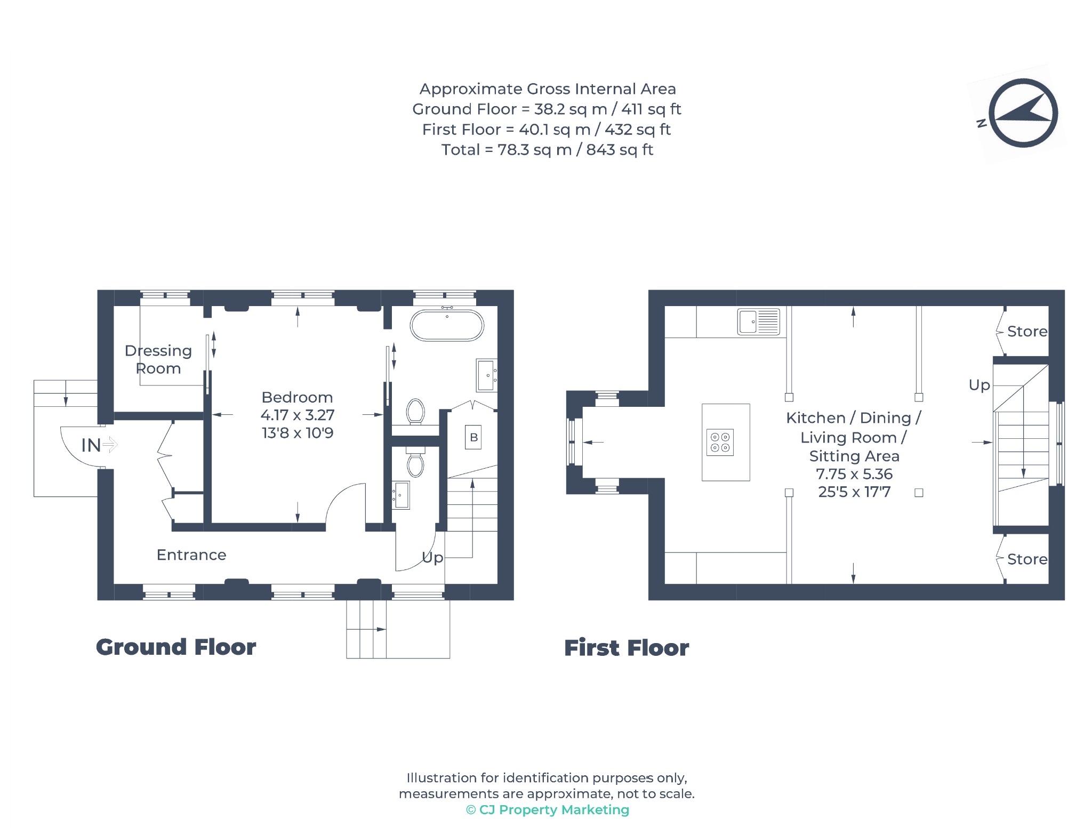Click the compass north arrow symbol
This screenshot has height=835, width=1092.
click(1023, 113)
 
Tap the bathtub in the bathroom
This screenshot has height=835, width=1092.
click(447, 325)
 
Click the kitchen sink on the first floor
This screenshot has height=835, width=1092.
click(758, 322)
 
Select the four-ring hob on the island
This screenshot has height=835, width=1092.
click(720, 442)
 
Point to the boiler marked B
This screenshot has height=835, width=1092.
click(473, 437)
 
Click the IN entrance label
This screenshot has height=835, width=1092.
click(91, 445)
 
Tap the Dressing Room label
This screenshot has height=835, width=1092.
click(158, 359)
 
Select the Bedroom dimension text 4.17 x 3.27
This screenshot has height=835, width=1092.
click(298, 415)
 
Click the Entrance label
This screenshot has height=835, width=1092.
click(191, 555)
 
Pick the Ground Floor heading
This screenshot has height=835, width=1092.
click(176, 647)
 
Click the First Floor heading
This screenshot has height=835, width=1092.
click(627, 648)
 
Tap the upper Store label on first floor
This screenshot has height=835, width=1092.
click(1027, 331)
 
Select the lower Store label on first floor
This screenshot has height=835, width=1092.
click(1027, 559)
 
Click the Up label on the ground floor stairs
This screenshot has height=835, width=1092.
click(432, 558)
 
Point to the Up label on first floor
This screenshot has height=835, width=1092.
click(979, 385)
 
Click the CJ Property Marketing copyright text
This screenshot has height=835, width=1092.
click(548, 809)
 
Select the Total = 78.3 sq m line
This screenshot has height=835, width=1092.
click(547, 150)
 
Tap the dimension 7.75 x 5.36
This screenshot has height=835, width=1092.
click(854, 473)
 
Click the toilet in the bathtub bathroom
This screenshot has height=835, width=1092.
click(415, 412)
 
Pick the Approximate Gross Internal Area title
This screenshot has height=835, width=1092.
click(548, 89)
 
